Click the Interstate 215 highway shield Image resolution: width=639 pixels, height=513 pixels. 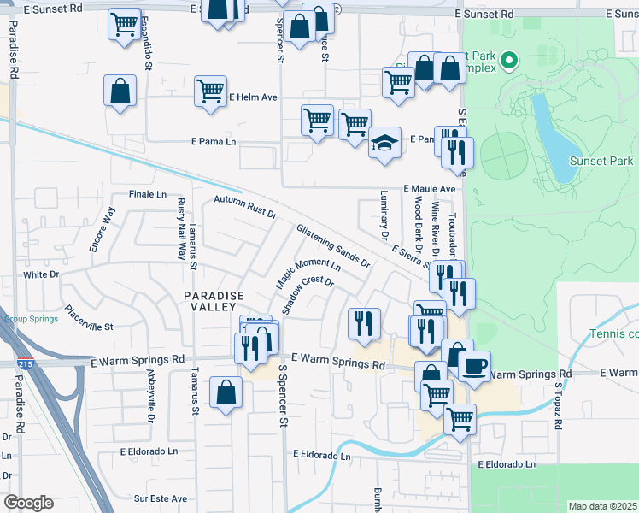click(x=20, y=365)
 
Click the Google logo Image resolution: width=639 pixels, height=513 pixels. click(x=27, y=503)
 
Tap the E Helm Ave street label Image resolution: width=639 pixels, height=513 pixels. click(x=253, y=97)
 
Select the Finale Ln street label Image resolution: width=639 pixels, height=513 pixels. click(x=147, y=195)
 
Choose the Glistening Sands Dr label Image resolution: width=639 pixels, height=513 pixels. click(x=333, y=246)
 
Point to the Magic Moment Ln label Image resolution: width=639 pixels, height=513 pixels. click(x=308, y=274)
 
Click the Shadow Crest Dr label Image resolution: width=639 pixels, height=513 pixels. click(x=307, y=294)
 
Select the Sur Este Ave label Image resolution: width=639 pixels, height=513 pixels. click(x=160, y=498)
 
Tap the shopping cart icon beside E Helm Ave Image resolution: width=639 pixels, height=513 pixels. click(x=210, y=90)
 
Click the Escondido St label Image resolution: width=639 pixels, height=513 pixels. click(x=148, y=51)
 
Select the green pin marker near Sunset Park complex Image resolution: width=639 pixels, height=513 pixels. click(x=508, y=60)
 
